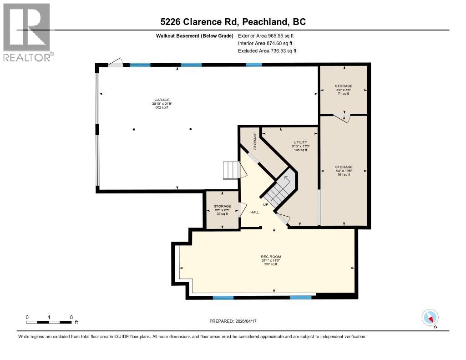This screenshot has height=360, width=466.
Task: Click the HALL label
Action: point(254,212)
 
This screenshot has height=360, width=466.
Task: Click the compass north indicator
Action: point(430,318)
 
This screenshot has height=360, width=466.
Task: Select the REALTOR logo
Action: point(27,32)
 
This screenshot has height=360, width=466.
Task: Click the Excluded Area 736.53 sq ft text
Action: point(267,51)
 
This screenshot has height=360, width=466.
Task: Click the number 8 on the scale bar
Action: point(71,317)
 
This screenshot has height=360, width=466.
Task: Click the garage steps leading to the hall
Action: point(230,170)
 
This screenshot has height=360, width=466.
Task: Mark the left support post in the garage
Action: point(134,129)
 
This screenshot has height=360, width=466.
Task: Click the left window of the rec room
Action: point(223,298)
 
